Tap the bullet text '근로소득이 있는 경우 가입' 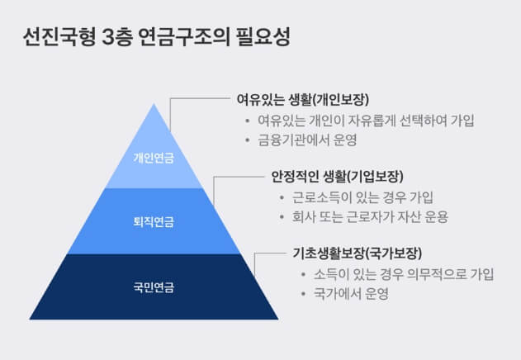(x=362, y=197)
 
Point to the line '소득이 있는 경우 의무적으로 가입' (x=399, y=273)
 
